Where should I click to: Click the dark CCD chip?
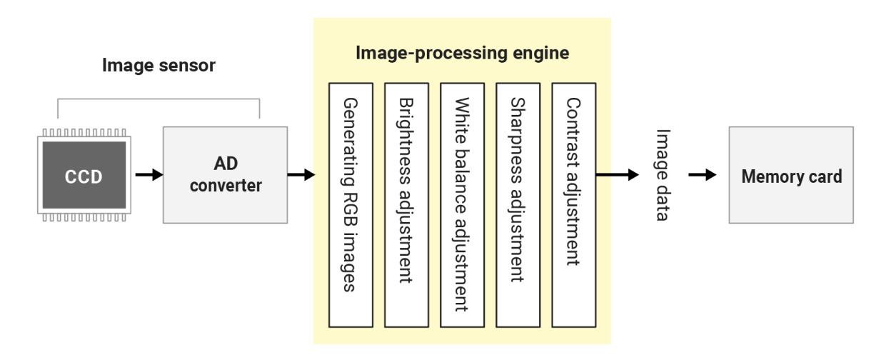[84, 176]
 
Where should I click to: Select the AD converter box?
[225, 176]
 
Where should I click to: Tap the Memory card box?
[790, 176]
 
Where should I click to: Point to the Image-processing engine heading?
[462, 54]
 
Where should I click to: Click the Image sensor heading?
[158, 66]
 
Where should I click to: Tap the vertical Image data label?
[663, 175]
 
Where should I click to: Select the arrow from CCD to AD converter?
[148, 175]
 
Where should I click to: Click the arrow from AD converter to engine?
[301, 175]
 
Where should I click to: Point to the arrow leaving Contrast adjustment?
[618, 175]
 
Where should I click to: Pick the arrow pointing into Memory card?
[702, 175]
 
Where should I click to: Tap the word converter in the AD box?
[226, 186]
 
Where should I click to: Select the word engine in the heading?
[544, 54]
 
